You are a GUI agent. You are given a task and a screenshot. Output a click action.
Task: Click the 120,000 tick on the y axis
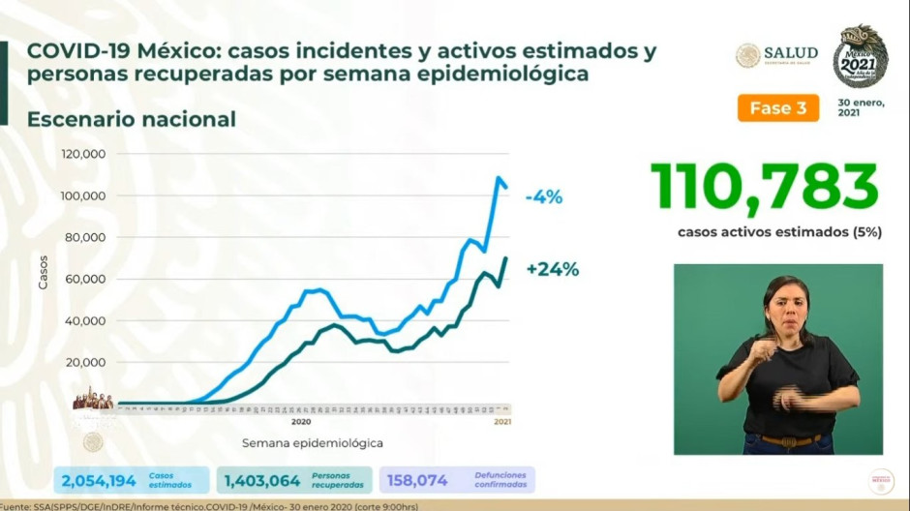pos(83,155)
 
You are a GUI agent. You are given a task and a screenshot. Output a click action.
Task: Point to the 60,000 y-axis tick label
pos(85,280)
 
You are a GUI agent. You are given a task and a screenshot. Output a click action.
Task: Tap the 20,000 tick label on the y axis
pos(85,363)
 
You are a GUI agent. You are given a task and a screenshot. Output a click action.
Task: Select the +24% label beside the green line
pos(552,270)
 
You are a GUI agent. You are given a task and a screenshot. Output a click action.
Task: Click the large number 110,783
pos(764,187)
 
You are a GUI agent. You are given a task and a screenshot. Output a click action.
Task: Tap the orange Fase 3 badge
pos(777,108)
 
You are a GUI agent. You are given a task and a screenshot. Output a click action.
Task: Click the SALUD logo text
pos(790,53)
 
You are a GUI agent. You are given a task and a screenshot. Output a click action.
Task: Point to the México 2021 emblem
pos(860,56)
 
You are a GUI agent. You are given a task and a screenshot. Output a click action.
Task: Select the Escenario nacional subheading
pos(132,119)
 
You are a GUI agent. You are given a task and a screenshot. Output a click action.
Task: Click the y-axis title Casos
pos(44,272)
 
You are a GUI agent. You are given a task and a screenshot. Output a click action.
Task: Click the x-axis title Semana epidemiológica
pos(312,443)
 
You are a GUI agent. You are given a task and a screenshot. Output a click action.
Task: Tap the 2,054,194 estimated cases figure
pos(97,479)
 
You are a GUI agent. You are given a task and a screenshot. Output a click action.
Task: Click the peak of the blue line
pos(499,178)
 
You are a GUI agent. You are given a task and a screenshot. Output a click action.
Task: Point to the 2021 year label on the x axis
pos(502,421)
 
